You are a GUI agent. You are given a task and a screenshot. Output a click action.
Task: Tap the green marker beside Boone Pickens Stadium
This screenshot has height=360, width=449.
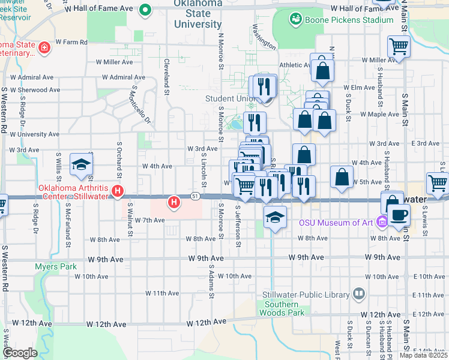click(x=295, y=20)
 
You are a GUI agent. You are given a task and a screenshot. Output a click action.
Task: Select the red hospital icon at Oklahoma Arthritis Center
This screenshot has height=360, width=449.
click(x=118, y=192)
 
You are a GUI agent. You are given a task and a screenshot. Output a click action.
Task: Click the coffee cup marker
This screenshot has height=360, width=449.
click(x=400, y=214)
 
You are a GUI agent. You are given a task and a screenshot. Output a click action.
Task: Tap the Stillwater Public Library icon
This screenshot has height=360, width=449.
click(x=359, y=294)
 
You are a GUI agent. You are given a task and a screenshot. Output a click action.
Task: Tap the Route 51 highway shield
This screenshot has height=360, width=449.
click(x=196, y=196)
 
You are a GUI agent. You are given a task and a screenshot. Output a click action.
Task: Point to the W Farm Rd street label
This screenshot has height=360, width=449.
click(x=71, y=42)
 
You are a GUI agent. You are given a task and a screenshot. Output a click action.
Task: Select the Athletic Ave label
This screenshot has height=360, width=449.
click(x=294, y=65)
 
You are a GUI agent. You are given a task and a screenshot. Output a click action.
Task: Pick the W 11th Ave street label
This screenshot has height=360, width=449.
click(x=164, y=293)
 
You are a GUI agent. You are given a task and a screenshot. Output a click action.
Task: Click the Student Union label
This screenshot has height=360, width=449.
click(x=228, y=98)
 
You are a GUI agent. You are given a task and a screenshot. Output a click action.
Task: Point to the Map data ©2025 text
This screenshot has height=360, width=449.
click(x=424, y=355)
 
